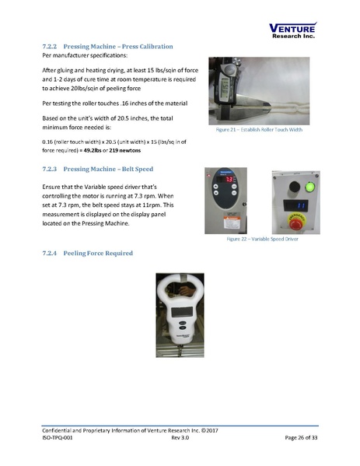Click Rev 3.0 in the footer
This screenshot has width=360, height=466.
[x=180, y=438]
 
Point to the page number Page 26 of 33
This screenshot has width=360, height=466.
[x=296, y=438]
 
